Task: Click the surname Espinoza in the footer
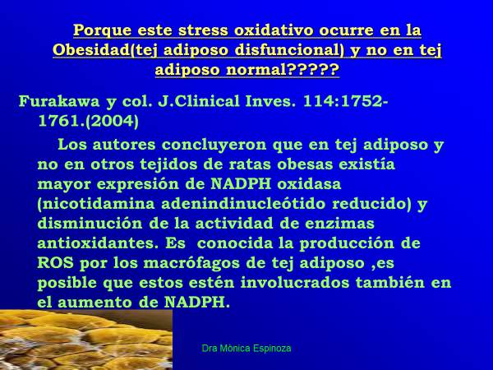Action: click(x=269, y=349)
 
